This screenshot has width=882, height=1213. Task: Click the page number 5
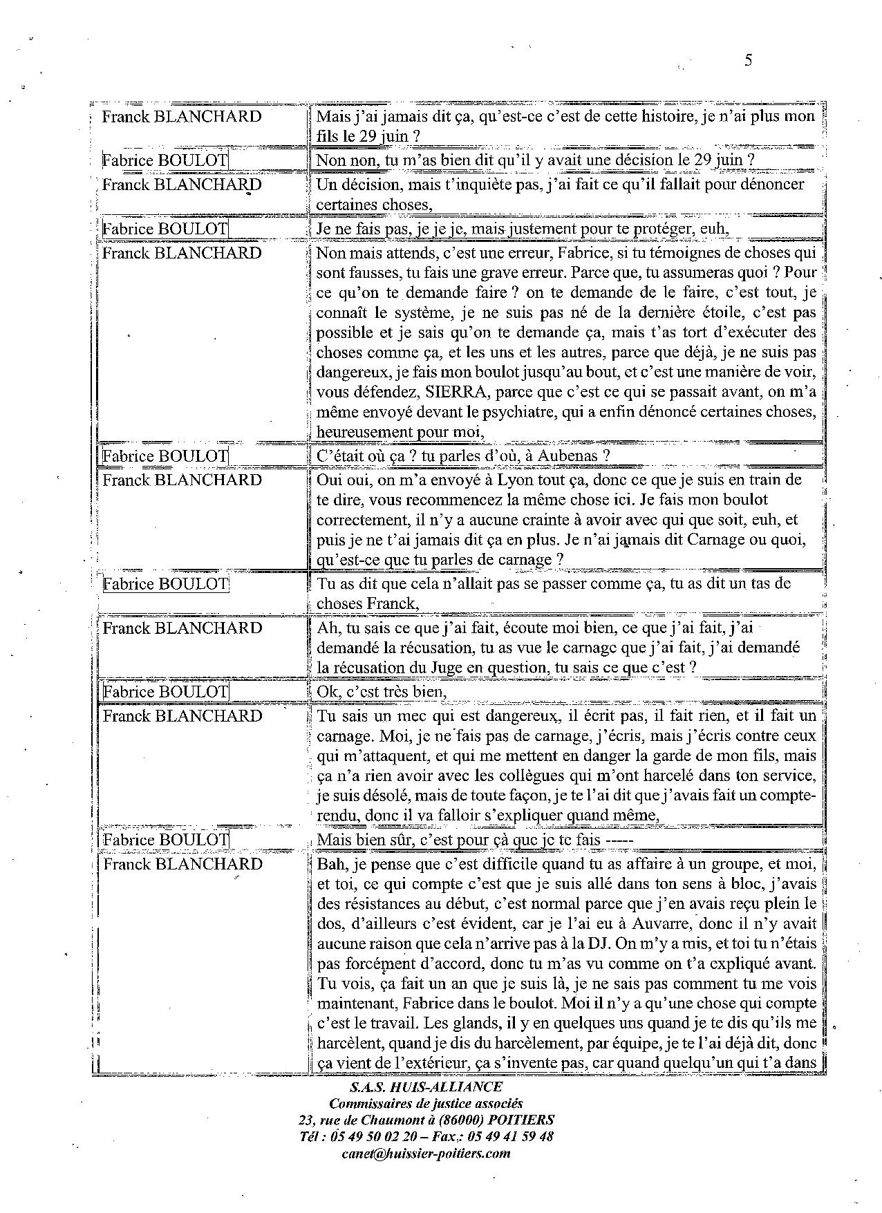click(x=748, y=60)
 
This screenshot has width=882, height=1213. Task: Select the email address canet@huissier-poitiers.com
click(x=426, y=1154)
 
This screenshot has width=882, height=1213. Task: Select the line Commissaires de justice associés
click(x=426, y=1104)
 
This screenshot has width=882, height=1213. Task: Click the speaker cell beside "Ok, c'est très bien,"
click(x=165, y=692)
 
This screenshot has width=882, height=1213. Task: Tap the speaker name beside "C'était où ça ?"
click(x=165, y=456)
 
